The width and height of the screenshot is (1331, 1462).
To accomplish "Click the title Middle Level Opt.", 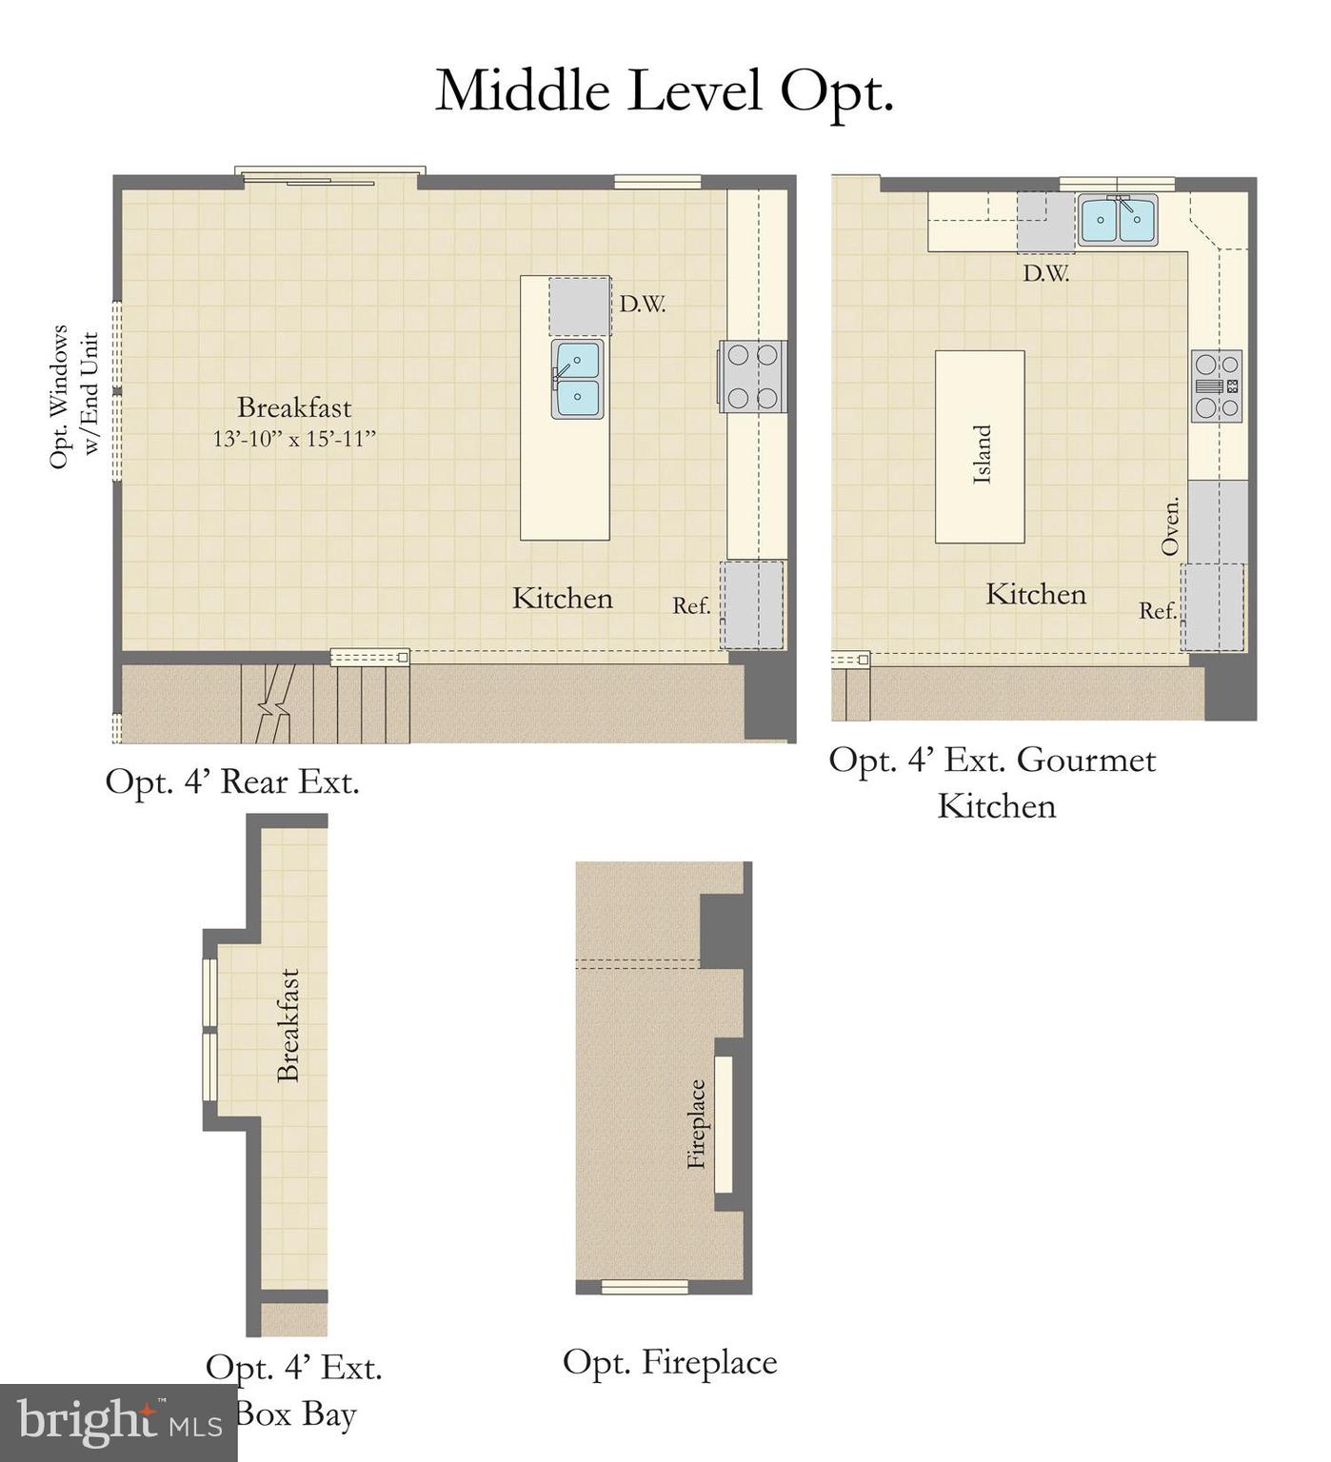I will point(665,91).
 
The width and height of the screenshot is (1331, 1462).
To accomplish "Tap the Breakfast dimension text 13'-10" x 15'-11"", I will point(294,439).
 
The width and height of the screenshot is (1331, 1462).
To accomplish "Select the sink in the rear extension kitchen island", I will point(577,379).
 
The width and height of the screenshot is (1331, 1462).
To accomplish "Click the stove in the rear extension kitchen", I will point(752,376).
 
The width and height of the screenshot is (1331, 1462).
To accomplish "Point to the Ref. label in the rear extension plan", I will point(691,605).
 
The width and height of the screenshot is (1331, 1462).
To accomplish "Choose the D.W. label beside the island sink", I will point(642,305).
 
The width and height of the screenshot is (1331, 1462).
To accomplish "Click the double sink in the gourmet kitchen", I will point(1118,220).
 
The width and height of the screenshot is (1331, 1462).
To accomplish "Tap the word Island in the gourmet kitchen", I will point(982,454).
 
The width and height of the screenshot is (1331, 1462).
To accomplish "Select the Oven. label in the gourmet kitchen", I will point(1170,525).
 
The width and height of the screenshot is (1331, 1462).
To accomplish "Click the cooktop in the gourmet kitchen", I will point(1217,385).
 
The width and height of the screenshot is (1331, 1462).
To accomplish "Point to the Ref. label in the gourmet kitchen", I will point(1158,611).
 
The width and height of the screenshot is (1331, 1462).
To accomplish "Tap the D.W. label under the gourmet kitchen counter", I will point(1045,274).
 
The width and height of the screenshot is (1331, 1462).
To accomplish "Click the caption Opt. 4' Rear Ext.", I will point(232,781).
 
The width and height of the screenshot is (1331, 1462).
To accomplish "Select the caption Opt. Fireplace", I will point(669,1362).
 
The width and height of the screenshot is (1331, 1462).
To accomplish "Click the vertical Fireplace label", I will point(697,1123).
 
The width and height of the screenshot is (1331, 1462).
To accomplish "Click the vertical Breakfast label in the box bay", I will point(288,1025).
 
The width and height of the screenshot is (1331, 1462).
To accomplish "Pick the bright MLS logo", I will point(118,1422).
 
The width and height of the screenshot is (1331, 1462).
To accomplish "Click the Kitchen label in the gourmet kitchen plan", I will point(1035,594).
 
